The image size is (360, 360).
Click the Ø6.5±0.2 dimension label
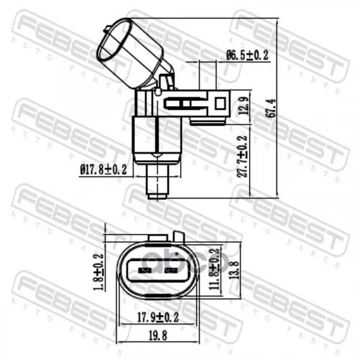(x=247, y=55)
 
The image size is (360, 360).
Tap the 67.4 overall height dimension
(x=272, y=108)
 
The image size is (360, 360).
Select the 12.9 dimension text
(x=245, y=106)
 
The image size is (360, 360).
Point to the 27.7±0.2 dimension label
(x=242, y=157)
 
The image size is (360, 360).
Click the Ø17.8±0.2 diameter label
(x=103, y=170)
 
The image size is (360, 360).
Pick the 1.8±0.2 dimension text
(x=98, y=272)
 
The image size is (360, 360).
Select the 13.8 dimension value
(x=235, y=269)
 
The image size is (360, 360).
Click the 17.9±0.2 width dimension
(x=158, y=317)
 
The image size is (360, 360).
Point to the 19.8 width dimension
(x=158, y=336)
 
